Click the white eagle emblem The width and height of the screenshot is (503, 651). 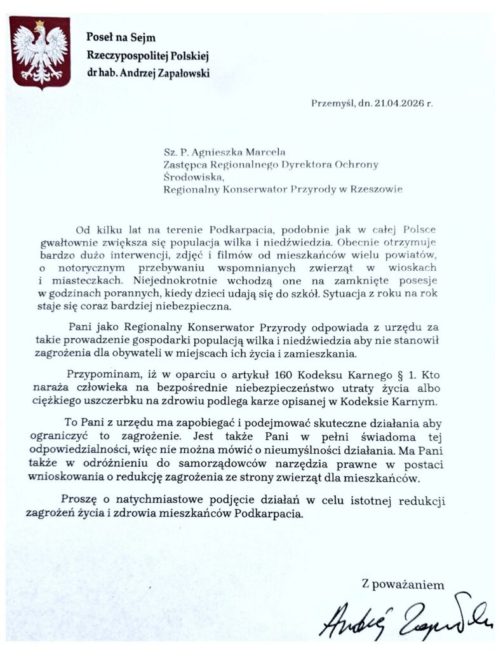point(39,53)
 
